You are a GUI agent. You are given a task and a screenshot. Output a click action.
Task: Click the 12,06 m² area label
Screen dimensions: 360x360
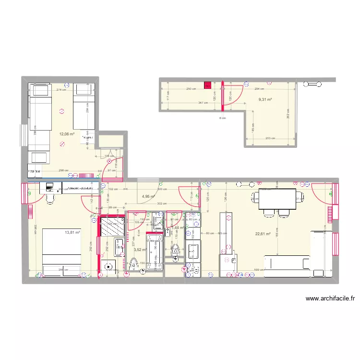(x=67, y=134)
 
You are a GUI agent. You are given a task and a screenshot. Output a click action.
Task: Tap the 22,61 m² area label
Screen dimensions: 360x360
(x=263, y=234)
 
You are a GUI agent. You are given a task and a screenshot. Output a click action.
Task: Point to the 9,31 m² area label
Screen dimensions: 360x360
(x=265, y=100)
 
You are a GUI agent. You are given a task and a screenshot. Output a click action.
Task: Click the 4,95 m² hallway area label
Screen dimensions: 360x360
(x=148, y=196)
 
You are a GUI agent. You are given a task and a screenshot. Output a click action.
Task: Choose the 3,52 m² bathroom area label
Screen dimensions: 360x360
(x=140, y=250)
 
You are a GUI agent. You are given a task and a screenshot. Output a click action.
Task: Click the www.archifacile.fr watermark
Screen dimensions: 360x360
(x=330, y=299)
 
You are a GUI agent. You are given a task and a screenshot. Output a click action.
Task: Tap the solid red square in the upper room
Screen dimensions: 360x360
(x=207, y=86)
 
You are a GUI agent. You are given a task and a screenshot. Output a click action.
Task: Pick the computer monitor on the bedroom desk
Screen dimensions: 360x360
(x=49, y=186)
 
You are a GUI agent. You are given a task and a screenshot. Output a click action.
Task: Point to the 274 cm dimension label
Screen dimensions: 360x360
(x=61, y=90)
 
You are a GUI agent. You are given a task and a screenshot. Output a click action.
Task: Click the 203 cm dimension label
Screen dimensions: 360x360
(x=270, y=138)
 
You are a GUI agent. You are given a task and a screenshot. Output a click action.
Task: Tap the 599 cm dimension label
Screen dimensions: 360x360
(x=258, y=270)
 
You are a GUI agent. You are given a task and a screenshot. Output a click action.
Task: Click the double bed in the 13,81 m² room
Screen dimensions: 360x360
(x=62, y=252)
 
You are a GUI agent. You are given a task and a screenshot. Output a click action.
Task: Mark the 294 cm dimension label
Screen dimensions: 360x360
(x=259, y=89)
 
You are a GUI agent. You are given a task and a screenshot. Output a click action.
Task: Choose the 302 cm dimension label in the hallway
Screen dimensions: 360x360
(x=161, y=203)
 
